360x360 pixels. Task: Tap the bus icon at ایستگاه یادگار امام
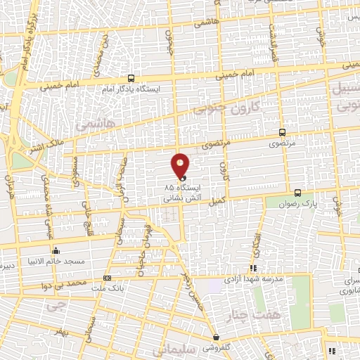coord(131,79)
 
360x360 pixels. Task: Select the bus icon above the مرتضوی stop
coord(282,131)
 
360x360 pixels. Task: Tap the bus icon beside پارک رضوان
coord(297,193)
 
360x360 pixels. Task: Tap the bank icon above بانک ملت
coord(107,277)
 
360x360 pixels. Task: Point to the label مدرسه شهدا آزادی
coord(253,279)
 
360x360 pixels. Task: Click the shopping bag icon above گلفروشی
coord(216,337)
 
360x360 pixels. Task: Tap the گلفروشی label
coord(219,348)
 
